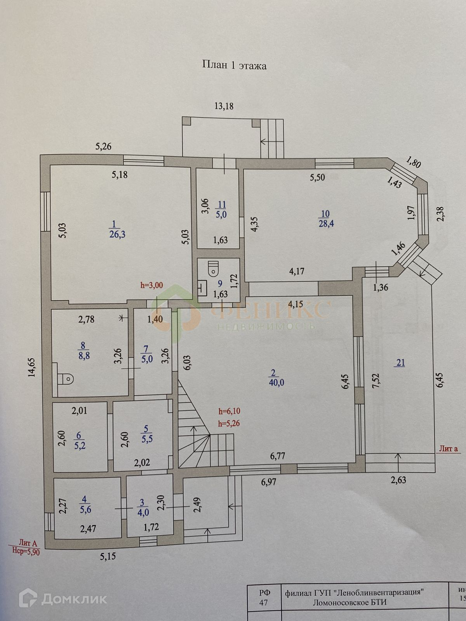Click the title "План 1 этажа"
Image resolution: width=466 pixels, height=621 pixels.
pyautogui.click(x=234, y=65)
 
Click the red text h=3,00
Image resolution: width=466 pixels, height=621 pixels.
pyautogui.click(x=151, y=285)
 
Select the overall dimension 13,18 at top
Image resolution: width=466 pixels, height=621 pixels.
pyautogui.click(x=224, y=106)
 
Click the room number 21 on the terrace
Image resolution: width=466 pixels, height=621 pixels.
pyautogui.click(x=400, y=363)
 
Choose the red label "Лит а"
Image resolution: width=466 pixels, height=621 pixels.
pyautogui.click(x=449, y=449)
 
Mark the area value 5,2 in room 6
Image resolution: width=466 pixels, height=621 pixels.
pyautogui.click(x=80, y=446)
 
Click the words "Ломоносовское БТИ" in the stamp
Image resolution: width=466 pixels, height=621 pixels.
pyautogui.click(x=349, y=602)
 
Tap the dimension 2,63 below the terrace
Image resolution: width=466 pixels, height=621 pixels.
pyautogui.click(x=398, y=480)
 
